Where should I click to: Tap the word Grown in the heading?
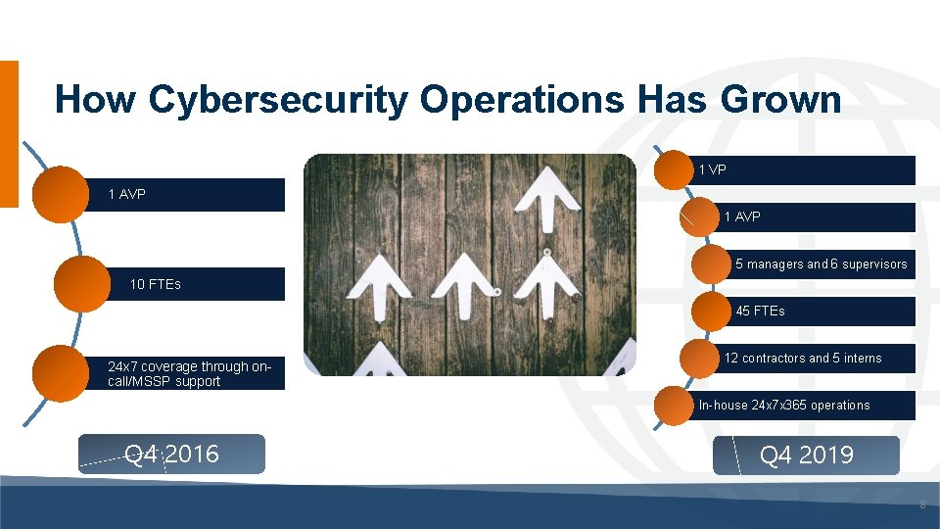pyautogui.click(x=780, y=100)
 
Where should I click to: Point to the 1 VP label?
pyautogui.click(x=712, y=170)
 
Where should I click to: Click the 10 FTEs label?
pyautogui.click(x=155, y=285)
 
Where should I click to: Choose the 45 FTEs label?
pyautogui.click(x=760, y=312)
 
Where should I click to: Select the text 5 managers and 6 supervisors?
pyautogui.click(x=821, y=264)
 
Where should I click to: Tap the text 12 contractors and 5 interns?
pyautogui.click(x=803, y=359)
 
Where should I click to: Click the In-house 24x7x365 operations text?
pyautogui.click(x=783, y=406)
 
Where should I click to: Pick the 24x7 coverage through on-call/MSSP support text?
pyautogui.click(x=190, y=374)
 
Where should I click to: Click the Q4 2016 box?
pyautogui.click(x=172, y=455)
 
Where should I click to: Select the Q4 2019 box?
pyautogui.click(x=806, y=456)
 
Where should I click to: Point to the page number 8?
pyautogui.click(x=920, y=505)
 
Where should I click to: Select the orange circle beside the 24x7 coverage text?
pyautogui.click(x=61, y=373)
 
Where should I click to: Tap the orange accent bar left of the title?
pyautogui.click(x=9, y=133)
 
